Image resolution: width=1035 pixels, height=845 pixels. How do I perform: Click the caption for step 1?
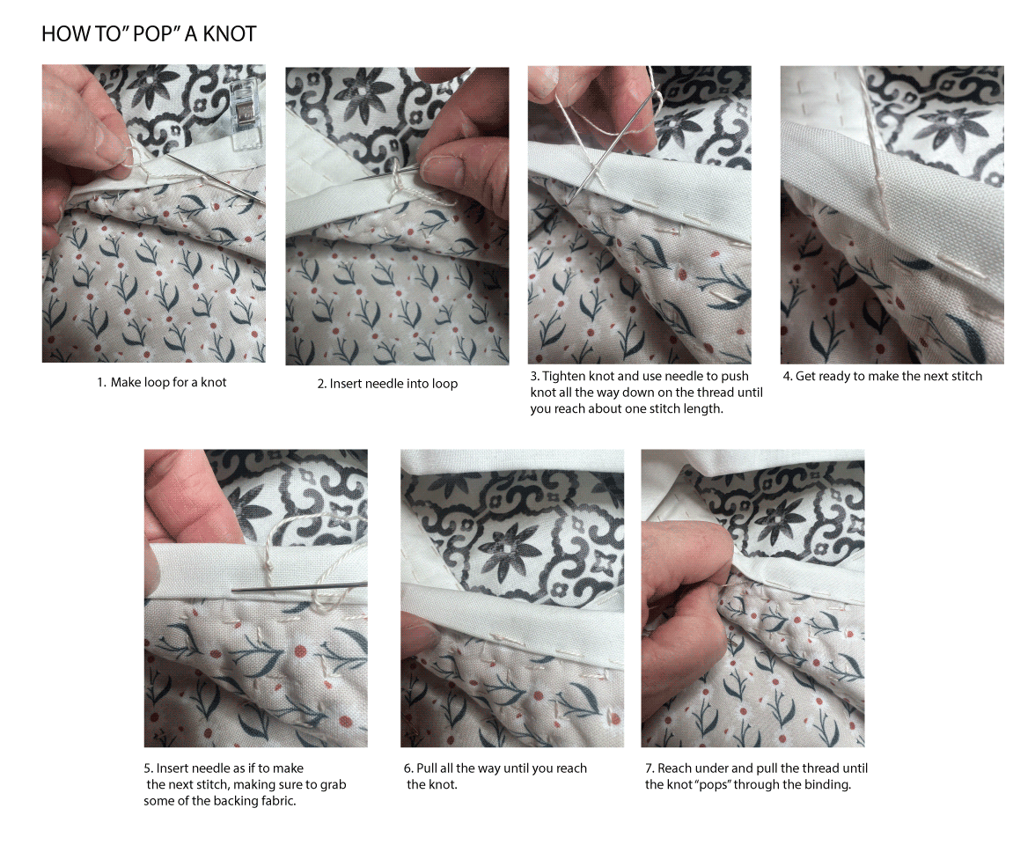(162, 382)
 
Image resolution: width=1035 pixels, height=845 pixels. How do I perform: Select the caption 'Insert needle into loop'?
(387, 384)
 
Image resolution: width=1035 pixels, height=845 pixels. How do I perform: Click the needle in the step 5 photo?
(299, 587)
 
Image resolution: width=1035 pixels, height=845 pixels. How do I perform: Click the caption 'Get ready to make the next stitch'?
(882, 376)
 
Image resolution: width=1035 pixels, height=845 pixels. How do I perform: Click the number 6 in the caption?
(407, 768)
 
